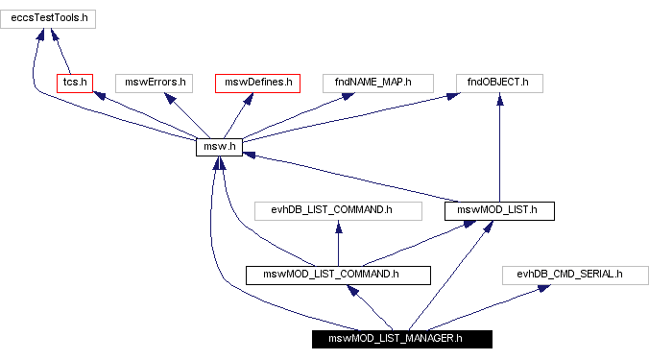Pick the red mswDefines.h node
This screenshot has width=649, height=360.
click(257, 83)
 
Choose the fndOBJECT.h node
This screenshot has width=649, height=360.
click(499, 83)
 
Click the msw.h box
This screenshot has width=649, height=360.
click(219, 147)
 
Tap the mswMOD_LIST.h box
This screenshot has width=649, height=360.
click(499, 209)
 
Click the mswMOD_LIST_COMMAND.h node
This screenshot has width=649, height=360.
click(338, 275)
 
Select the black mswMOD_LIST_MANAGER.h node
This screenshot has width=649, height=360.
click(401, 338)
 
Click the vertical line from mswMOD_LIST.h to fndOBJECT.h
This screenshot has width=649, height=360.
click(499, 154)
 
